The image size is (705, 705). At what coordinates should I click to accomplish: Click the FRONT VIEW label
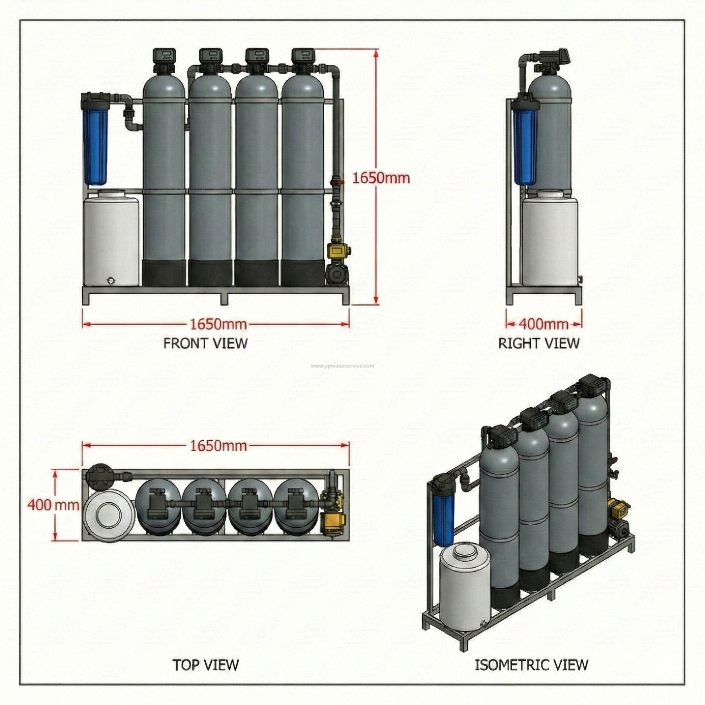[205, 343]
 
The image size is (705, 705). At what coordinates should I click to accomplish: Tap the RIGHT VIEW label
[539, 343]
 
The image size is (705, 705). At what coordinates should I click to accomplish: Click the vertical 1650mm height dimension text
[381, 178]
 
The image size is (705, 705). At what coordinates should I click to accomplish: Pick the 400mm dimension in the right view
[543, 324]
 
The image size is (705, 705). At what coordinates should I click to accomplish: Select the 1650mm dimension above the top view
[218, 445]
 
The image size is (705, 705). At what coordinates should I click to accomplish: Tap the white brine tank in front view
[111, 241]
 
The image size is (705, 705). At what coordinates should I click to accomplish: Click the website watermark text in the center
[343, 365]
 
